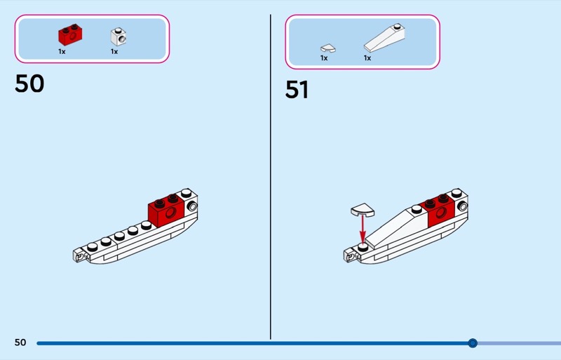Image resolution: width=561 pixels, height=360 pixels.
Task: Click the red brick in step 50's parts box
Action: click(71, 35)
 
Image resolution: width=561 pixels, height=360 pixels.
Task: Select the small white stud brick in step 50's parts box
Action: click(119, 37)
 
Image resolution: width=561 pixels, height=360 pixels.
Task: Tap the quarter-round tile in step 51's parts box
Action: click(327, 48)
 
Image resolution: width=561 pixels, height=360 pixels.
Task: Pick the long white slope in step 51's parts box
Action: click(384, 38)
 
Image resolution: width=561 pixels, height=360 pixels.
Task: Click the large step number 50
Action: click(29, 84)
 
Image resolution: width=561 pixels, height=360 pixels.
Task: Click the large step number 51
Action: click(297, 90)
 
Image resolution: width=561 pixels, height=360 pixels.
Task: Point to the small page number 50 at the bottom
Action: click(20, 342)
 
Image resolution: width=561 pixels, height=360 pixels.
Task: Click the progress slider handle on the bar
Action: click(473, 343)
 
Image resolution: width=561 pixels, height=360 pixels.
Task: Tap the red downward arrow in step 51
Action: click(363, 229)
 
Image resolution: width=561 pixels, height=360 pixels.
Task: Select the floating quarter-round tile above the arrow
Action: click(363, 210)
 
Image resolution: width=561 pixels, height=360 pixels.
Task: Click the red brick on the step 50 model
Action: click(166, 211)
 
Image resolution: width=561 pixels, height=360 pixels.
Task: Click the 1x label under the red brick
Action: click(62, 52)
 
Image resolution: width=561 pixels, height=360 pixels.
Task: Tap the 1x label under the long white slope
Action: click(367, 58)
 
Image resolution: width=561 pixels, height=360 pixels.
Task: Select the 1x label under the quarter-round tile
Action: click(324, 58)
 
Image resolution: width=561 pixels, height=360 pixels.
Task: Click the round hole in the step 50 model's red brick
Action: click(170, 213)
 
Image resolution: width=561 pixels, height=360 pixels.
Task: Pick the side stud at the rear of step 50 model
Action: click(192, 207)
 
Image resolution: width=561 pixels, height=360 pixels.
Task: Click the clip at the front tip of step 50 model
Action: click(79, 255)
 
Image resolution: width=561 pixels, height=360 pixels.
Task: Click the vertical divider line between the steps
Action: click(271, 177)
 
